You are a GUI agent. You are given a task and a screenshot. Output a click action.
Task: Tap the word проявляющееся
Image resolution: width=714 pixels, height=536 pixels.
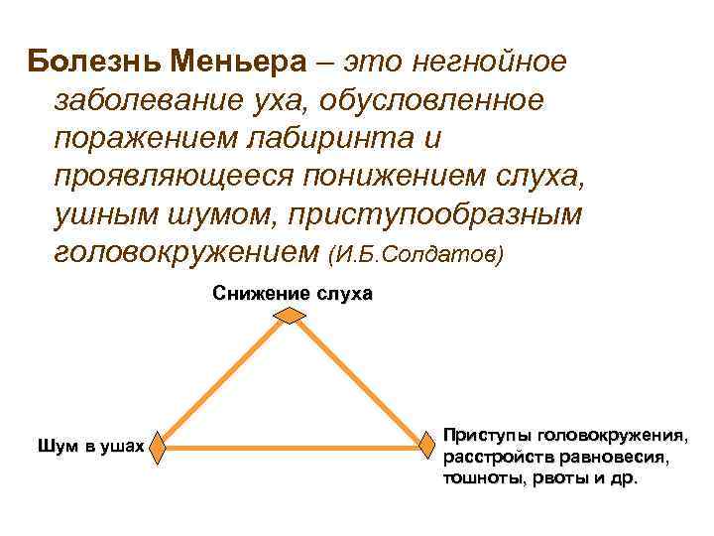(170, 176)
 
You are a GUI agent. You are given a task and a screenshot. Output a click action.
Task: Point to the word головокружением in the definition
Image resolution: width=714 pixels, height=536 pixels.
(184, 252)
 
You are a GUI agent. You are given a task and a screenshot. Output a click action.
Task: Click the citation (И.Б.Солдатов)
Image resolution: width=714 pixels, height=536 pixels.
(415, 255)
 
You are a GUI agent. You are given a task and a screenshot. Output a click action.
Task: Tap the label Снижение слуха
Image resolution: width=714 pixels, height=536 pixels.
(291, 293)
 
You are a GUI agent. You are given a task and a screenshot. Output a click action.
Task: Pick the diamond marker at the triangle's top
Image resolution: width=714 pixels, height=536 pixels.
(290, 316)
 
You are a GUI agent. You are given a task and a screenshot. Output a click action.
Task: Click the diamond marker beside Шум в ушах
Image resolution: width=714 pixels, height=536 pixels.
(155, 448)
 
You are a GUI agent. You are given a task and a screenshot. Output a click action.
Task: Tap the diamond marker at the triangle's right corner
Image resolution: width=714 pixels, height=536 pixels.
(427, 446)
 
